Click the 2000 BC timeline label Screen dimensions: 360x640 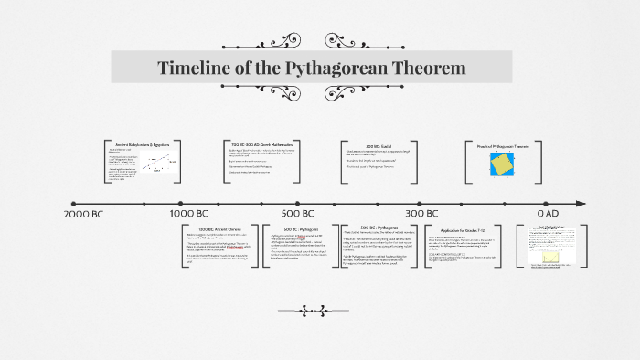click(88, 213)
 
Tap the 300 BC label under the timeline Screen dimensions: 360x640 click(421, 213)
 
